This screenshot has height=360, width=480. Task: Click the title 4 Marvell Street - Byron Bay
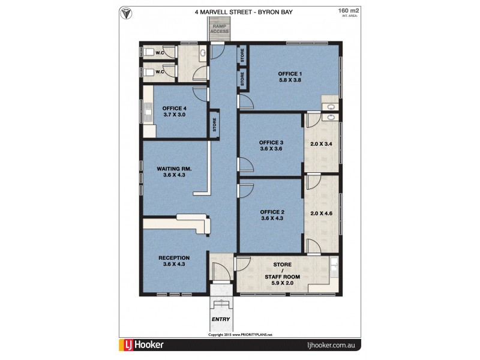(x=239, y=11)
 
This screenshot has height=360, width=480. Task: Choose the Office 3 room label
(x=271, y=145)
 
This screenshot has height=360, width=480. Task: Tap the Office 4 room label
(x=174, y=111)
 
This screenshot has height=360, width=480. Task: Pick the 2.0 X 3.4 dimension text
(x=322, y=144)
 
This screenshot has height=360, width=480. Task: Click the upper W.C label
(x=160, y=53)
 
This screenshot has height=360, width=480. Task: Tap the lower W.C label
(x=160, y=72)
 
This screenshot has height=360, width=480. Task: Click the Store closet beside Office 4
(x=214, y=125)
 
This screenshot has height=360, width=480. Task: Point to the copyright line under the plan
(x=240, y=334)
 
